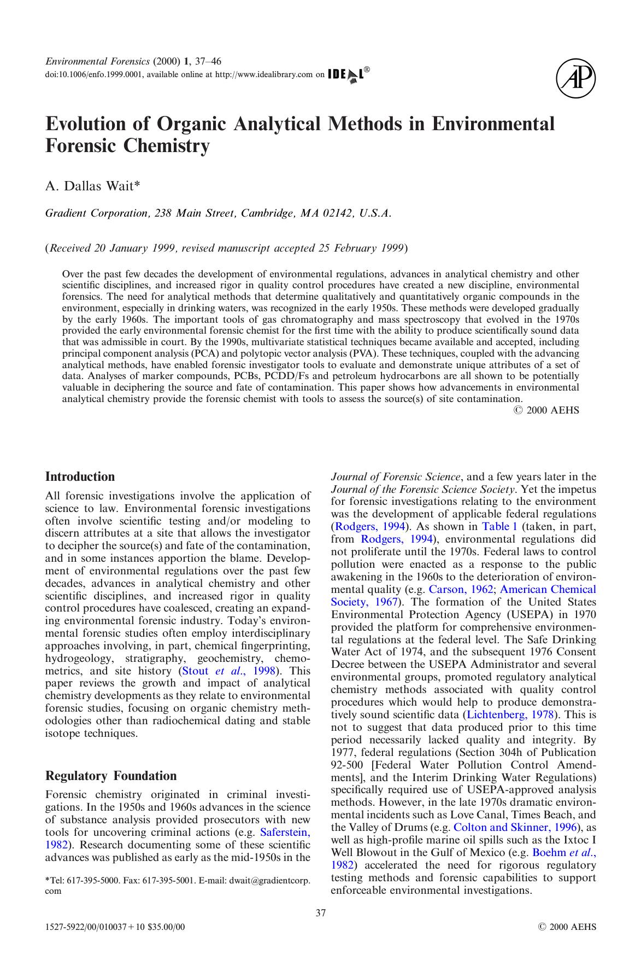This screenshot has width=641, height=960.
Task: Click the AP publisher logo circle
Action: [x=576, y=80]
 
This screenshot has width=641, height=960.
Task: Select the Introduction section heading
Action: [x=80, y=476]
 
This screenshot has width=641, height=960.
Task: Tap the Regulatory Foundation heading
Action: [x=111, y=776]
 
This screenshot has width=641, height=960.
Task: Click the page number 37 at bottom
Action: [x=321, y=912]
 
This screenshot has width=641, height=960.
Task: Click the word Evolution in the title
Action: [x=85, y=124]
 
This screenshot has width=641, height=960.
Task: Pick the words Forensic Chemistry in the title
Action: [x=127, y=147]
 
